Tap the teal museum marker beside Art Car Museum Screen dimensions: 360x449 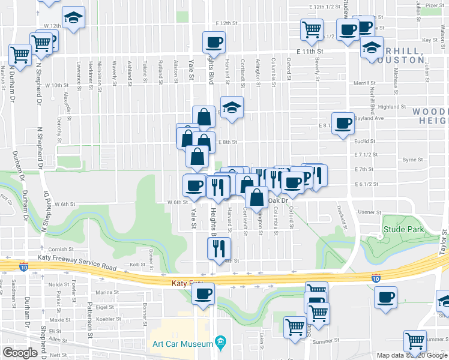[220, 343]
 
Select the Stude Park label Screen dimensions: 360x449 [403, 229]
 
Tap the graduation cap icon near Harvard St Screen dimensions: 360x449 [231, 107]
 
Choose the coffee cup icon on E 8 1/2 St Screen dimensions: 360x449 [343, 124]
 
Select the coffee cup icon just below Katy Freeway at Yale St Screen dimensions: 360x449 [203, 294]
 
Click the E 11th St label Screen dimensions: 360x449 [309, 52]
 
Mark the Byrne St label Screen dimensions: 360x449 [413, 160]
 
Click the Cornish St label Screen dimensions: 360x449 [61, 250]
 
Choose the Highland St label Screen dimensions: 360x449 [393, 107]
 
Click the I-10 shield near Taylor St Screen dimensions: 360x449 [375, 278]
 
